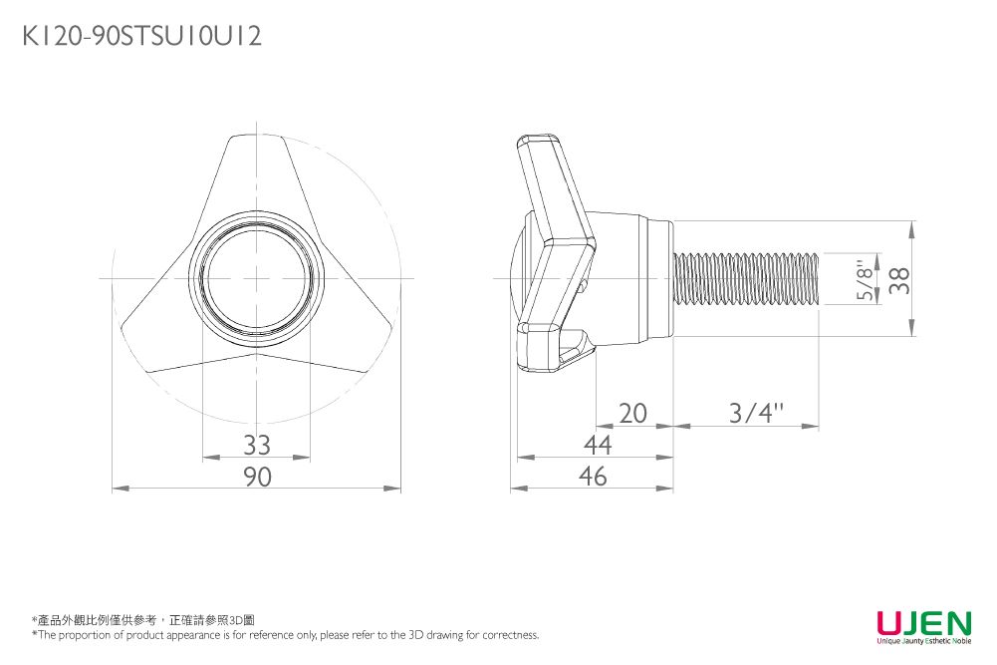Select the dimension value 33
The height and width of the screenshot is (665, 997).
tap(257, 444)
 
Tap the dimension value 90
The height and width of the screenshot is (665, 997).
tap(257, 478)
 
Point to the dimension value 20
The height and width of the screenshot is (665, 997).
tap(632, 413)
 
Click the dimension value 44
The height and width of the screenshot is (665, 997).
tap(597, 445)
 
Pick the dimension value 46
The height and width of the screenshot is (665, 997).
tap(594, 477)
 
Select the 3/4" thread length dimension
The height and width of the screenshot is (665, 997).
tap(756, 413)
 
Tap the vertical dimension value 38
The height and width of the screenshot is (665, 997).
tap(900, 280)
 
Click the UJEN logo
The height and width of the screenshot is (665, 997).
tap(923, 624)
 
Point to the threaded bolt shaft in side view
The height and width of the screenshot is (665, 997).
tap(747, 279)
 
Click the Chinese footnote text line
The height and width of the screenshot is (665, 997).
tap(143, 620)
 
